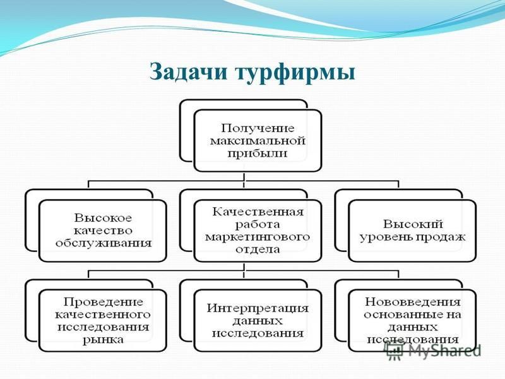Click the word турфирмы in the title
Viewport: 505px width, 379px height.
(x=296, y=73)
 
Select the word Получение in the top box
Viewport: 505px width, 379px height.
(x=258, y=128)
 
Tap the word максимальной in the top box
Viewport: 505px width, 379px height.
(x=258, y=141)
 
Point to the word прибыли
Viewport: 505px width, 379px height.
(x=258, y=153)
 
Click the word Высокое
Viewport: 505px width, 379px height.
(x=103, y=218)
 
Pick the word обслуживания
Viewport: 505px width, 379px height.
(x=103, y=243)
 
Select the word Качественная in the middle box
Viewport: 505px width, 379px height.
(x=258, y=212)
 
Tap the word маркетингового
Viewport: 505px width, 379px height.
(x=258, y=238)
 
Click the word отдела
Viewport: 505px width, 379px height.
(x=258, y=250)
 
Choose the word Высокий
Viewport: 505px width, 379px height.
(x=413, y=224)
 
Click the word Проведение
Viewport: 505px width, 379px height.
(x=103, y=302)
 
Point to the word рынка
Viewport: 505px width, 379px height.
(x=103, y=340)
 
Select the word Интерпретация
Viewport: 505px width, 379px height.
(x=258, y=308)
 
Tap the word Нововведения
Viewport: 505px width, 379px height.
(x=413, y=302)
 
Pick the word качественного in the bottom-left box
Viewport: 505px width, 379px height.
(x=103, y=315)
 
